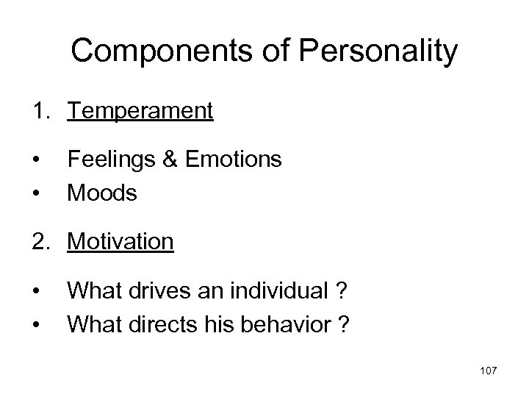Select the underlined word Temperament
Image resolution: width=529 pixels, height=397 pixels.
(x=140, y=111)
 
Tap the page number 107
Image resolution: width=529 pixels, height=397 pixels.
(x=486, y=370)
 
